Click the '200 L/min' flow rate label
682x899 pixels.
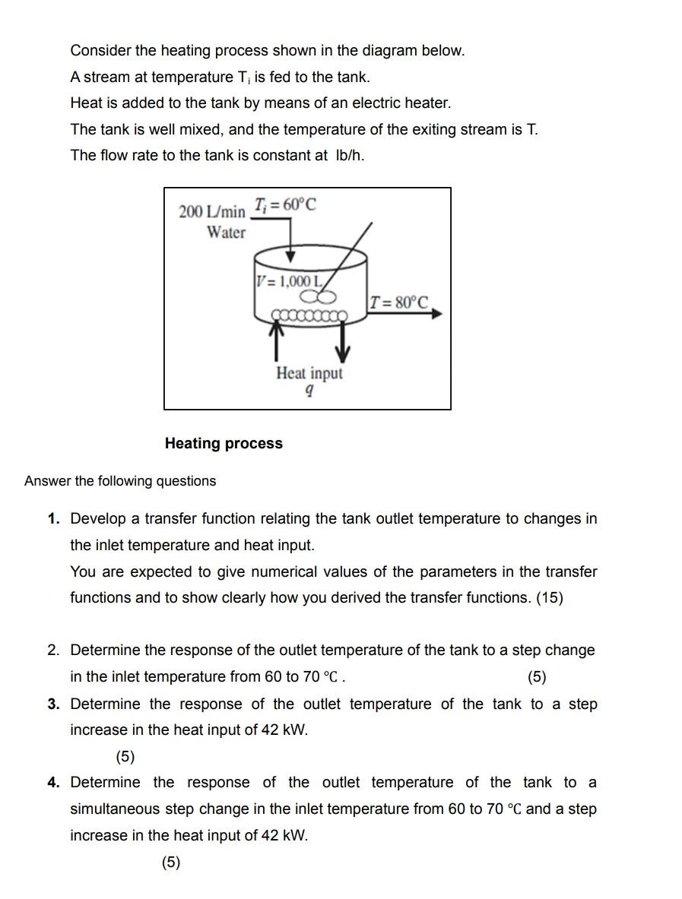point(212,211)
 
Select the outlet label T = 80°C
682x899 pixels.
point(399,302)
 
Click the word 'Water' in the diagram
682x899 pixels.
point(226,233)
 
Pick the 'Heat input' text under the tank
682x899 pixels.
point(309,373)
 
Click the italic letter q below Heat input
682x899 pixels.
point(309,391)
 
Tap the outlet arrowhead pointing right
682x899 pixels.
point(436,313)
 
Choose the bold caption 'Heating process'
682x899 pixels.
point(224,443)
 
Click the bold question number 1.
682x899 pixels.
point(52,519)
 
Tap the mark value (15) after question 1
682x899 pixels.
point(550,598)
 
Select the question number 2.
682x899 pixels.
point(52,651)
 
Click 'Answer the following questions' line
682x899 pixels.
point(120,481)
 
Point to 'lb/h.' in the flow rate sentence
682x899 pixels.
point(350,156)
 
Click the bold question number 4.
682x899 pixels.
point(52,783)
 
